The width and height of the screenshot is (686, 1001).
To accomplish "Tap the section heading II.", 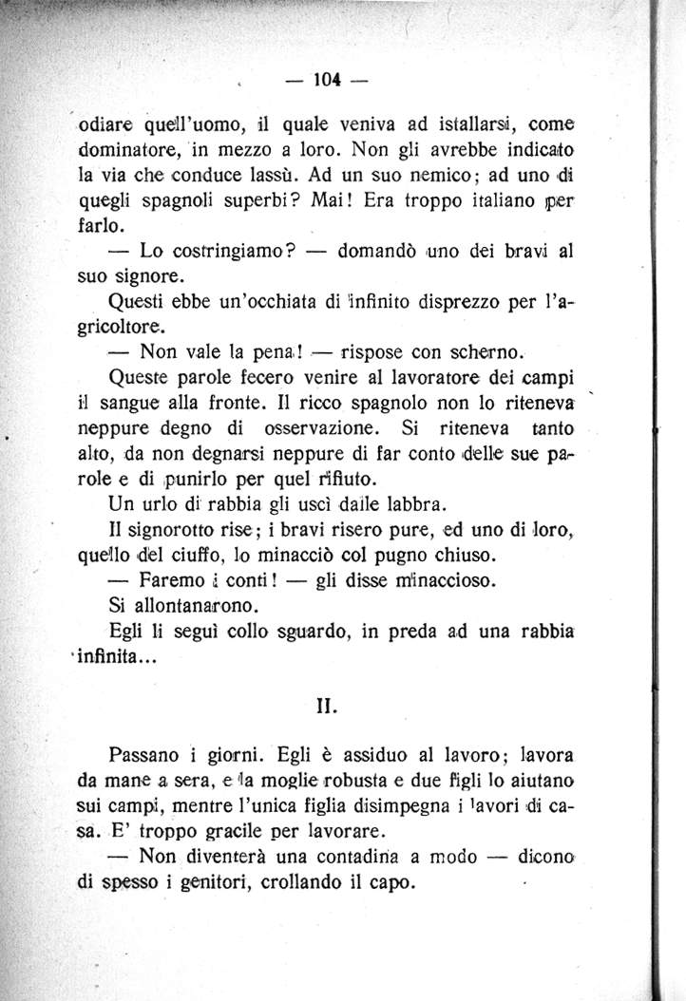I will (x=324, y=706).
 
